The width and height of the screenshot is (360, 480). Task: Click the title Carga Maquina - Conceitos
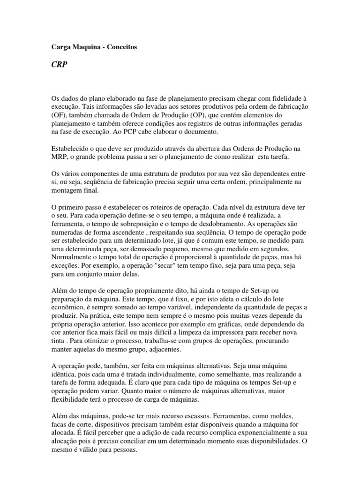tap(94, 47)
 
